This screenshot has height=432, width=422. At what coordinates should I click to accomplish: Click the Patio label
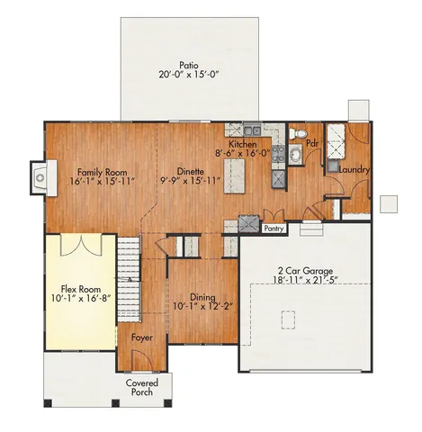click(x=187, y=65)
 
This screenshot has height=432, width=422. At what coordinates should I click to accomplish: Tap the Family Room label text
click(x=102, y=171)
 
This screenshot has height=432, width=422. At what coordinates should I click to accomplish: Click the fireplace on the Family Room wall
click(x=38, y=175)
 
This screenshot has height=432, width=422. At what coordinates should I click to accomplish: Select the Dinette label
click(x=189, y=171)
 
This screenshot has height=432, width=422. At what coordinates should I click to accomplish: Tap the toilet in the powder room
click(x=301, y=134)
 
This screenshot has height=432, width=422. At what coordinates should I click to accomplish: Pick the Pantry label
click(x=274, y=229)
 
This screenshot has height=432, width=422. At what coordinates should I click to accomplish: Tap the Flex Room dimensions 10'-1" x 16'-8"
click(x=79, y=297)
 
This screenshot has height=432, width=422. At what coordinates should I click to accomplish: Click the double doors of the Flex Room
click(x=81, y=245)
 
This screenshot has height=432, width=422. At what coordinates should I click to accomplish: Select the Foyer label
click(x=141, y=337)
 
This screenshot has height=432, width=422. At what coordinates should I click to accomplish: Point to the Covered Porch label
click(x=140, y=388)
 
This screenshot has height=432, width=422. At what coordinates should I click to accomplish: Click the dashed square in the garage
click(x=290, y=319)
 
